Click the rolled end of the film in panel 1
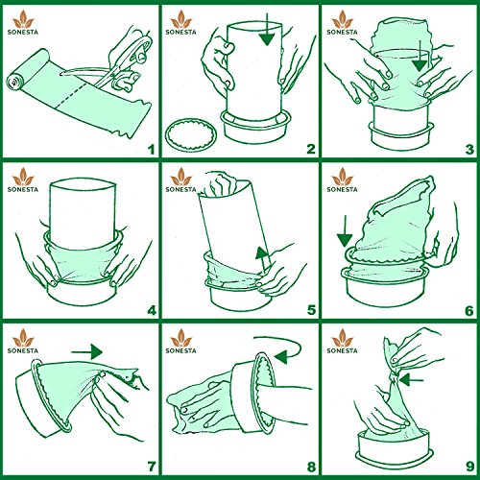click(14, 83)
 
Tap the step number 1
click(151, 150)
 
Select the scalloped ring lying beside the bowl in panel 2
click(191, 134)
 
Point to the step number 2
click(310, 150)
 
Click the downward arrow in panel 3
click(420, 56)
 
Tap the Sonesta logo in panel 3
click(342, 22)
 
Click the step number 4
click(151, 310)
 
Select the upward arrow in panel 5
click(262, 260)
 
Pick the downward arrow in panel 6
click(345, 231)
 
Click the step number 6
click(469, 310)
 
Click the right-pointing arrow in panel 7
click(86, 351)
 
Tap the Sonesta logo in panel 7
click(23, 341)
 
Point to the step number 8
click(311, 467)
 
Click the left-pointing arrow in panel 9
click(412, 380)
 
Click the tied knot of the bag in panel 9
click(394, 374)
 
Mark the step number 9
click(469, 467)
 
